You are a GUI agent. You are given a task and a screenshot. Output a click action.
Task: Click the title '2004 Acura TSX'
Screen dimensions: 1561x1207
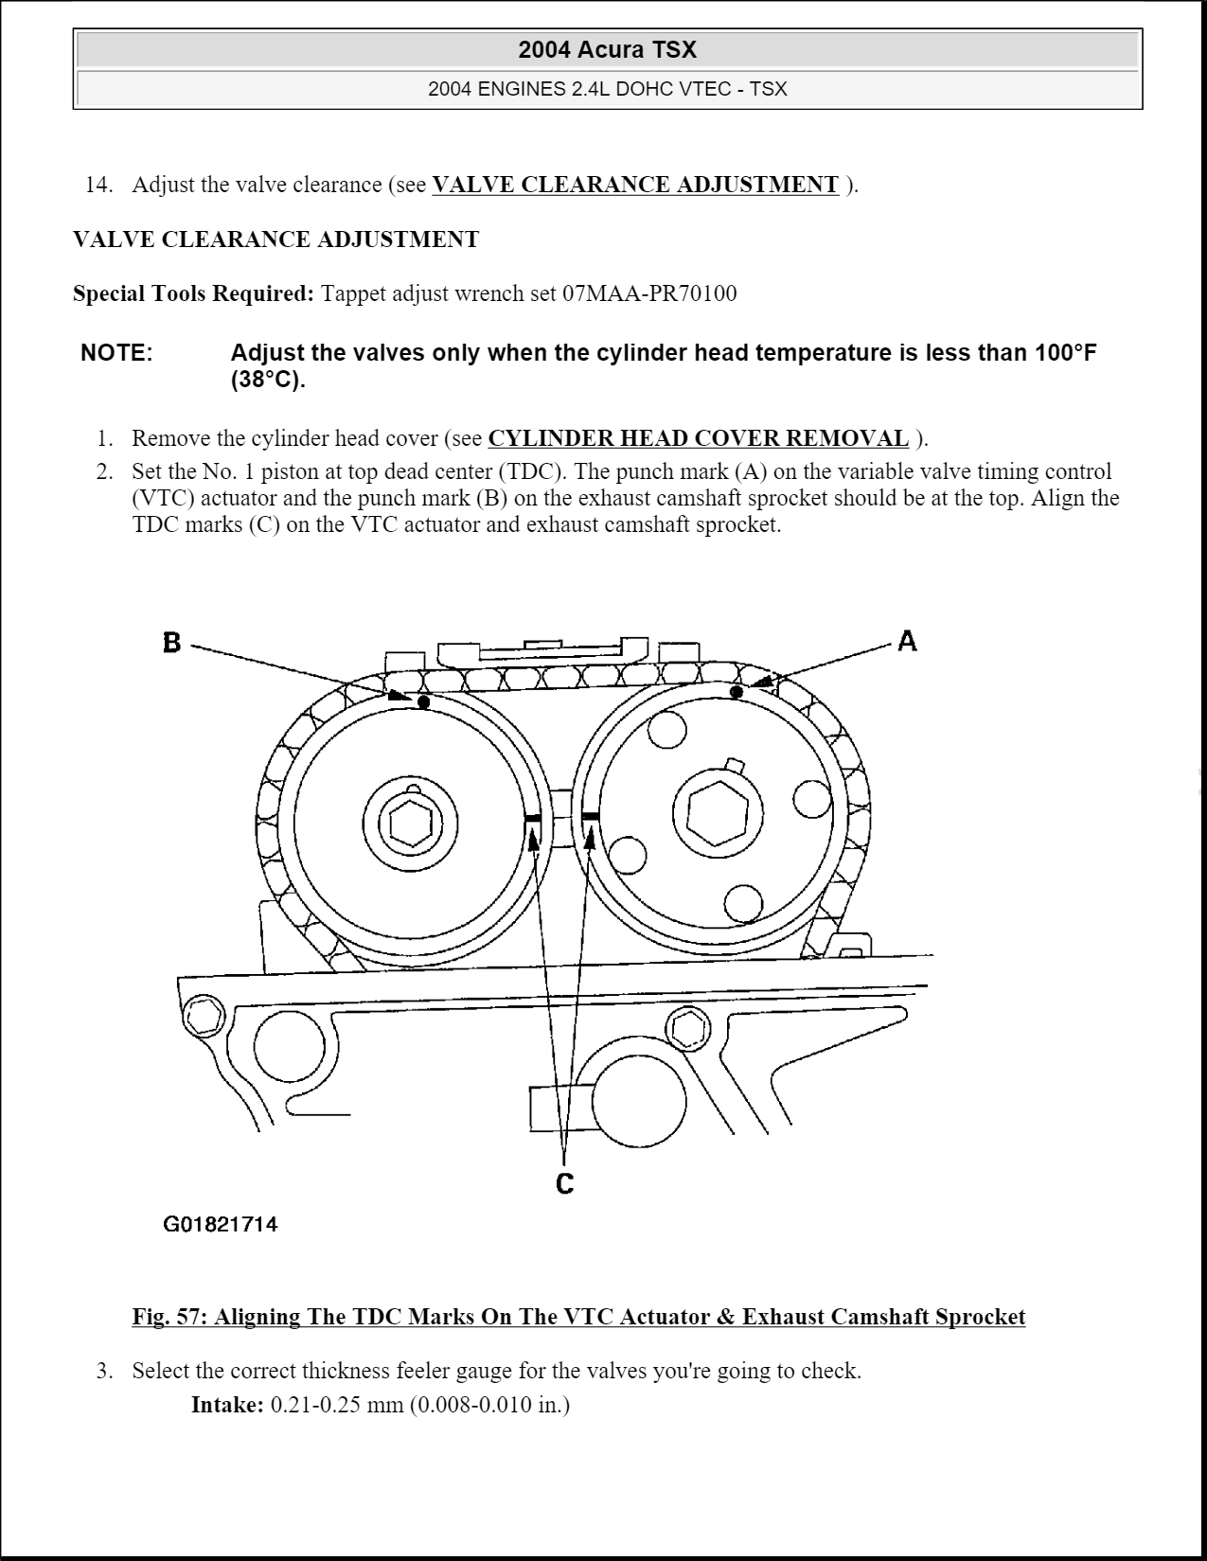[x=607, y=50]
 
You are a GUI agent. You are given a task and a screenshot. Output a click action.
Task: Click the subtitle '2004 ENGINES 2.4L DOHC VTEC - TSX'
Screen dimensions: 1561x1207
[x=607, y=89]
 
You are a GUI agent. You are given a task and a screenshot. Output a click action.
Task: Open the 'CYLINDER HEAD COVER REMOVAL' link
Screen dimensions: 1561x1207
[x=698, y=438]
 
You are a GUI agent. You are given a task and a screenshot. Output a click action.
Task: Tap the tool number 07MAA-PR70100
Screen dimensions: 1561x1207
[x=648, y=293]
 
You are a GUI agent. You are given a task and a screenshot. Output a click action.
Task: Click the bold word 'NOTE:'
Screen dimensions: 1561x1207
[x=116, y=353]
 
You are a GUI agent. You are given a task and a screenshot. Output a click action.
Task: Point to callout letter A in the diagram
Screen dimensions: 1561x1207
[x=907, y=641]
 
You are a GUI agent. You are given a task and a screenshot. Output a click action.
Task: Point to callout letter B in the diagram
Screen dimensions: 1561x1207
[x=171, y=643]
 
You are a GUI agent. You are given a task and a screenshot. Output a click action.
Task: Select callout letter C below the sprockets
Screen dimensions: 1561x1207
[x=564, y=1183]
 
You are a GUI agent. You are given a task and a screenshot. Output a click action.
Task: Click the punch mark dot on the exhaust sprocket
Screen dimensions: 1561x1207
[x=423, y=701]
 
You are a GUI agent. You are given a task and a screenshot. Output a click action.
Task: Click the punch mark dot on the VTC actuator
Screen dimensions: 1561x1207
[x=737, y=693]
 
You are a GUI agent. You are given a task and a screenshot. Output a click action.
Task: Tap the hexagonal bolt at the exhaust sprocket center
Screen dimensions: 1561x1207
[x=410, y=822]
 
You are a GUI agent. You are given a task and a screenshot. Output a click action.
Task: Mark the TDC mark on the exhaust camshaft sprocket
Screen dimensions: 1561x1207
[x=532, y=817]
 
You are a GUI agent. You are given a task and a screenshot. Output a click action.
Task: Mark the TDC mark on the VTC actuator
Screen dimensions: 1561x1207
[x=592, y=814]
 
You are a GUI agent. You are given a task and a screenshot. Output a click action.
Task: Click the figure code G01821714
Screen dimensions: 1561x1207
[x=221, y=1225]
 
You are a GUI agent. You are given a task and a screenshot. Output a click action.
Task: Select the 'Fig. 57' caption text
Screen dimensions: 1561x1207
[x=578, y=1317]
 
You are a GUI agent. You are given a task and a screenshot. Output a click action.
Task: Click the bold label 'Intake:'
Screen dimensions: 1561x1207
[x=227, y=1404]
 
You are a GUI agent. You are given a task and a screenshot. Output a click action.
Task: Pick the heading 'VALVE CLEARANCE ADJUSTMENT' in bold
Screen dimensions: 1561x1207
[x=275, y=239]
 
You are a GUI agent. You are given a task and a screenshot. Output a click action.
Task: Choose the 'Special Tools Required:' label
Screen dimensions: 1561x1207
[x=193, y=293]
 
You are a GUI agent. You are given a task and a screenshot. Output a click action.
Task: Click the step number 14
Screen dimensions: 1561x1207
[x=98, y=185]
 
